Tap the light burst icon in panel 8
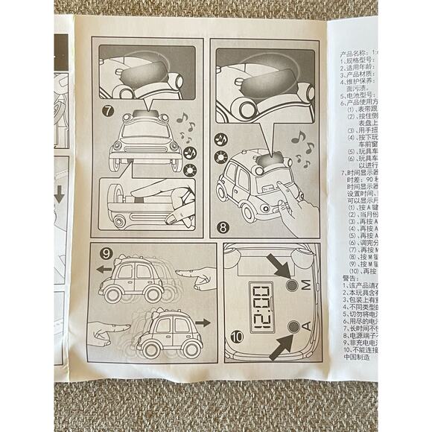(221, 156)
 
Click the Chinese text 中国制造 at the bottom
(357, 357)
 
